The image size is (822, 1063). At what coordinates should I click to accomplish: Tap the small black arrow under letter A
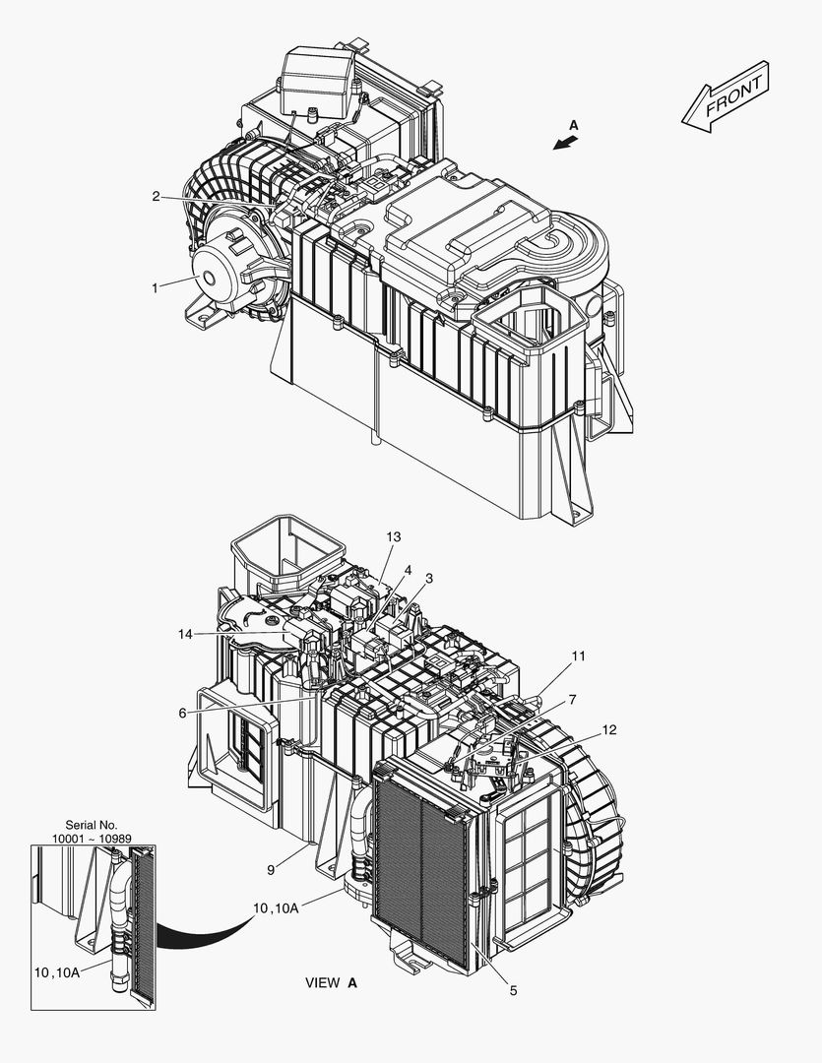click(x=564, y=144)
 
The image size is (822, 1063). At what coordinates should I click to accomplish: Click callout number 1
click(x=155, y=287)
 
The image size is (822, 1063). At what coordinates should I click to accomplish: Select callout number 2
click(x=156, y=196)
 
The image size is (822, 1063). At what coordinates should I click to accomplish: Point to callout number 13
click(x=394, y=537)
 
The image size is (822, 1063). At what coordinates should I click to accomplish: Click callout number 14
click(x=185, y=635)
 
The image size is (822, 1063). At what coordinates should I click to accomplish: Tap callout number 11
click(x=579, y=656)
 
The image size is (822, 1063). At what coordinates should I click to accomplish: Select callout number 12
click(x=609, y=729)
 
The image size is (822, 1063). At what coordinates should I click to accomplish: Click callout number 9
click(x=271, y=868)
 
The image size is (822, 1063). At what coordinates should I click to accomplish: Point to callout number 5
click(x=513, y=991)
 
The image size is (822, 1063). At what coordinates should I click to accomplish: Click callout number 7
click(x=571, y=699)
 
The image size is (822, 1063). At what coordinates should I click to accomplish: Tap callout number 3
click(x=429, y=578)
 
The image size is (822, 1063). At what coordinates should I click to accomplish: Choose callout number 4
click(x=408, y=570)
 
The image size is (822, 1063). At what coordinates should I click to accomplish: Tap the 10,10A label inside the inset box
click(x=56, y=972)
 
